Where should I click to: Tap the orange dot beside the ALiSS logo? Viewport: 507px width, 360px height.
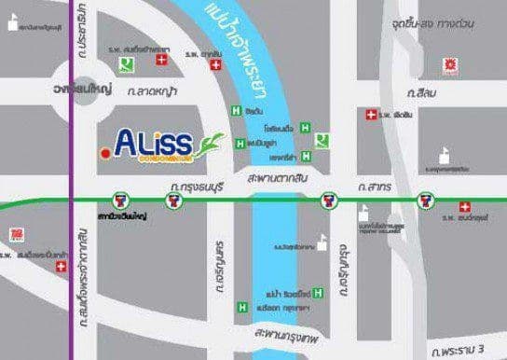click(x=105, y=147)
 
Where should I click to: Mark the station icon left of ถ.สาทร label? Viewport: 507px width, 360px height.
click(x=328, y=200)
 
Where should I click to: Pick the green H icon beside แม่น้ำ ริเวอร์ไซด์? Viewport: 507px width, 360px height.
click(x=319, y=294)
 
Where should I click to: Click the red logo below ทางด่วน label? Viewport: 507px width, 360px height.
click(x=452, y=64)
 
